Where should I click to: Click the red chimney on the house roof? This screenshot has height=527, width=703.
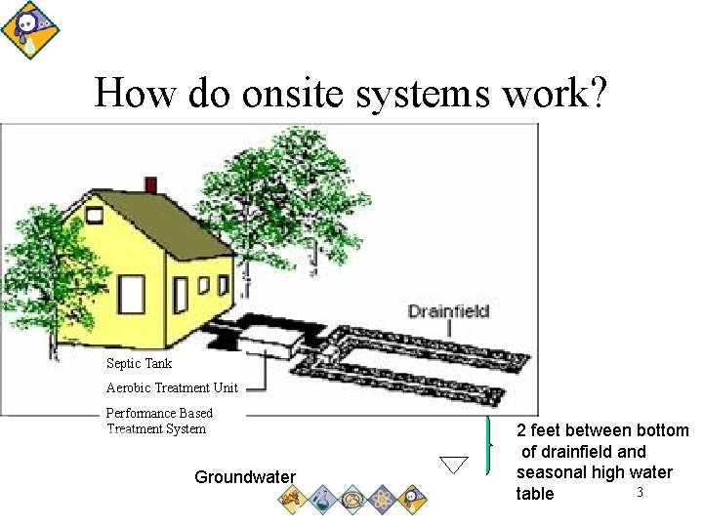[150, 184]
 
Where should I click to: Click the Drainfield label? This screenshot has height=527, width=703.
[448, 311]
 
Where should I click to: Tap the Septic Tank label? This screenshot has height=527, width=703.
[139, 363]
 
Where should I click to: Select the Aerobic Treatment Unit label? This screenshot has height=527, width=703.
[172, 387]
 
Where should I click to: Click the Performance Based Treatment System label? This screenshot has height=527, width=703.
[158, 421]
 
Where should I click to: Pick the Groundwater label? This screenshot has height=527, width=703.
[245, 477]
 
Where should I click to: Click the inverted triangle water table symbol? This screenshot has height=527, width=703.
[453, 465]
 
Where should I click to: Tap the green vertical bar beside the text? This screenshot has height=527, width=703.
[486, 444]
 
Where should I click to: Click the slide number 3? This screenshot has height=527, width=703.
[640, 492]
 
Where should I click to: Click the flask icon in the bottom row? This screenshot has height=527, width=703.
[323, 500]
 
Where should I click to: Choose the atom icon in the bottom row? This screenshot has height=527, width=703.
[383, 500]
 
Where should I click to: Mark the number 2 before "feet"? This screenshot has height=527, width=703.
[521, 431]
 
